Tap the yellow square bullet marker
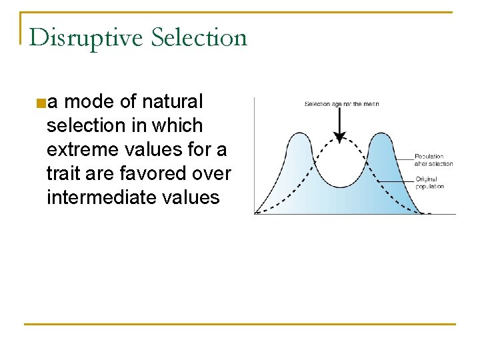[x=41, y=103]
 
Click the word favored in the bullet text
[x=153, y=173]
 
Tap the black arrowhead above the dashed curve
[x=340, y=138]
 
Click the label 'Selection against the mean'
[x=341, y=104]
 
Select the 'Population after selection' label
[x=433, y=160]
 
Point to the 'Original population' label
[x=429, y=183]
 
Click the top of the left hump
[x=298, y=133]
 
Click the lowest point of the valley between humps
[x=340, y=187]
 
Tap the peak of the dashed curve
[x=340, y=141]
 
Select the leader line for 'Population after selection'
[x=403, y=158]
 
